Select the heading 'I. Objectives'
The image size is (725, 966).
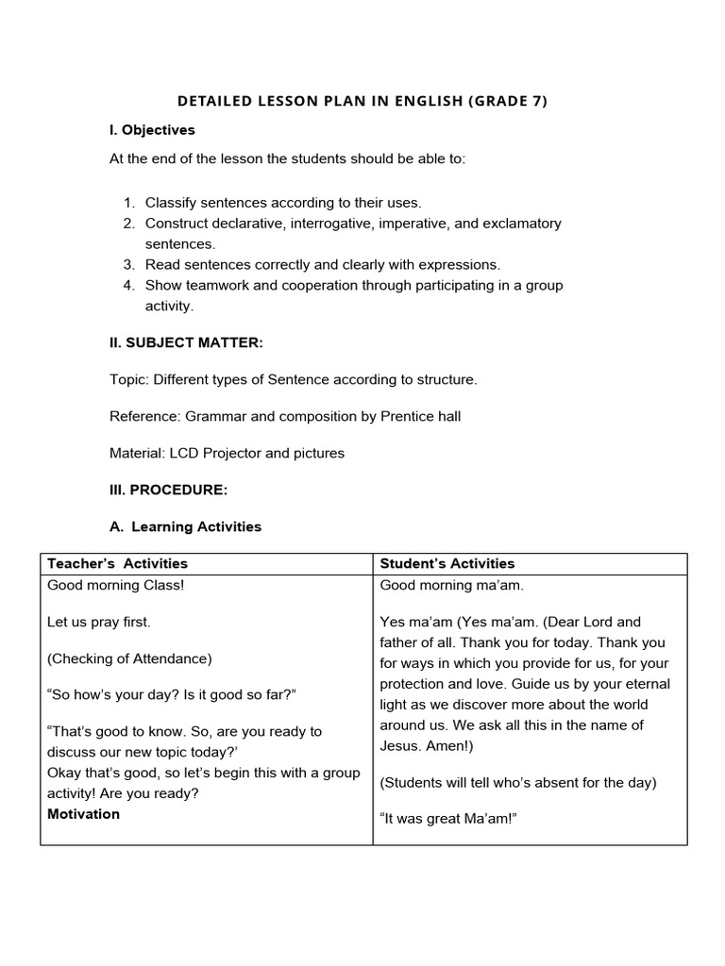(x=152, y=130)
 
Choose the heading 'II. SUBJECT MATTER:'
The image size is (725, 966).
(x=186, y=343)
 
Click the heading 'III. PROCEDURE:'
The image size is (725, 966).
(x=168, y=490)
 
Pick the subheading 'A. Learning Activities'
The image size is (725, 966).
(x=185, y=526)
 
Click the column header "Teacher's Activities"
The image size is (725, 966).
(x=117, y=563)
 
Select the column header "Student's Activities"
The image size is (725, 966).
(x=447, y=563)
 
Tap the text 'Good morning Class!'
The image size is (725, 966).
(x=116, y=585)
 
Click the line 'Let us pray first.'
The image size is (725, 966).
(x=99, y=622)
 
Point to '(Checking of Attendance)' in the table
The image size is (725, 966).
(x=129, y=658)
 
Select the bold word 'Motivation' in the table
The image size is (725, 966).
(x=83, y=814)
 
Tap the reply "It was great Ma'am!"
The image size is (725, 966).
(x=448, y=819)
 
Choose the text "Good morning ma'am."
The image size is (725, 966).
(x=451, y=585)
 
